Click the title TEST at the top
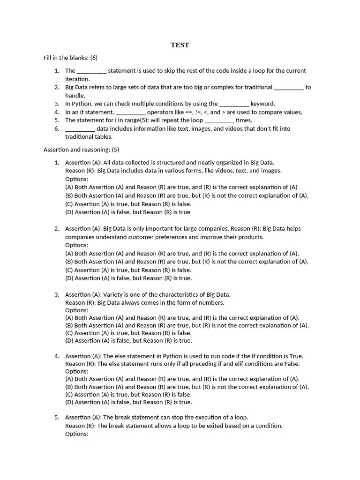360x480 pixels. click(x=180, y=45)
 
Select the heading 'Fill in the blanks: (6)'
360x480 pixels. click(x=70, y=58)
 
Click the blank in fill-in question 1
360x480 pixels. click(x=91, y=71)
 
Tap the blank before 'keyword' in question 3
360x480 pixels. click(x=234, y=104)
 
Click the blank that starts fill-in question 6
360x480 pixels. click(x=80, y=128)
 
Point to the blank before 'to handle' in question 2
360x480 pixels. click(x=288, y=87)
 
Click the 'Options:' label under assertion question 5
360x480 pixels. click(x=76, y=434)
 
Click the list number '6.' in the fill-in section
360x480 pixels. click(x=56, y=128)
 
